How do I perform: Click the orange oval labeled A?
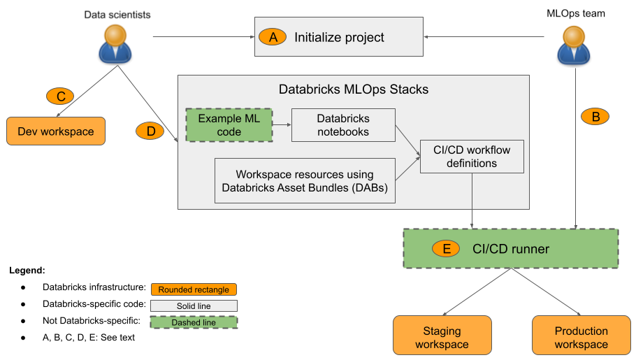pyautogui.click(x=273, y=37)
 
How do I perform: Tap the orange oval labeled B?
pyautogui.click(x=595, y=117)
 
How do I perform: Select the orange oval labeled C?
pyautogui.click(x=61, y=96)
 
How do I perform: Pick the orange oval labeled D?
pyautogui.click(x=151, y=131)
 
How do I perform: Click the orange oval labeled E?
pyautogui.click(x=446, y=249)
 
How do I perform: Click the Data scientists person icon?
pyautogui.click(x=116, y=45)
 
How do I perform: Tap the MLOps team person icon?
pyautogui.click(x=574, y=45)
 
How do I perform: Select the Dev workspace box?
pyautogui.click(x=55, y=131)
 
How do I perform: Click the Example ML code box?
pyautogui.click(x=229, y=125)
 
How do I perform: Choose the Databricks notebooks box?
pyautogui.click(x=343, y=125)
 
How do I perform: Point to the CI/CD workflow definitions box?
pyautogui.click(x=472, y=156)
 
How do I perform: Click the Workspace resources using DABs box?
pyautogui.click(x=305, y=180)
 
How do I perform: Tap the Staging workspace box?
pyautogui.click(x=442, y=337)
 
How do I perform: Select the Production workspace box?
pyautogui.click(x=581, y=337)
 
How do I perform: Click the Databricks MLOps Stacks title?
pyautogui.click(x=353, y=89)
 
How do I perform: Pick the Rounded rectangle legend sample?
pyautogui.click(x=194, y=289)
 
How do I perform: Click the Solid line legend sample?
pyautogui.click(x=194, y=306)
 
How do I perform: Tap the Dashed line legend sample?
pyautogui.click(x=194, y=322)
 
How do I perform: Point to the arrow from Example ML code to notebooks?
pyautogui.click(x=282, y=125)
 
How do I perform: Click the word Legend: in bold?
pyautogui.click(x=27, y=270)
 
